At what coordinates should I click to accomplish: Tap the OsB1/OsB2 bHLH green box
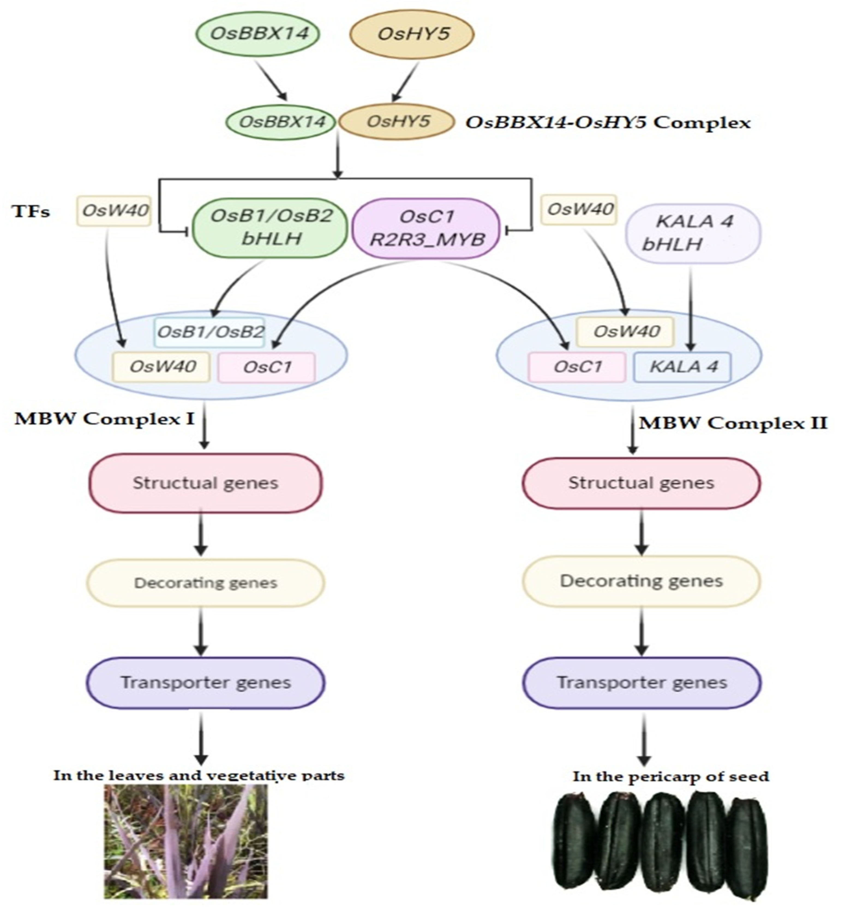tap(270, 227)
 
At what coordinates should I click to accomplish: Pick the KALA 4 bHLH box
tap(693, 233)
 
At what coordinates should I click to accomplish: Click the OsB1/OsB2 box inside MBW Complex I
tap(209, 332)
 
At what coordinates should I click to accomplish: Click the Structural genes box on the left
tap(205, 483)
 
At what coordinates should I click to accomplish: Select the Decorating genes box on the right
tap(641, 581)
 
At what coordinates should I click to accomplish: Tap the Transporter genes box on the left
tap(205, 682)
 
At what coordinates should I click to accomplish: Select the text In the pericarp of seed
tap(671, 776)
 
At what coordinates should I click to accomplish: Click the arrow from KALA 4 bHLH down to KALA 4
tap(691, 309)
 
